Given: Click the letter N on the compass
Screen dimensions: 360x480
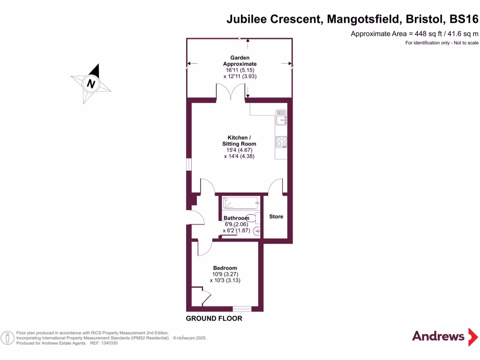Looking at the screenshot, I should [91, 84].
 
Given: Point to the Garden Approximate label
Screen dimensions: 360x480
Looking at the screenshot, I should [240, 61].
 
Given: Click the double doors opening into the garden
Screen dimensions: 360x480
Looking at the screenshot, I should [231, 92].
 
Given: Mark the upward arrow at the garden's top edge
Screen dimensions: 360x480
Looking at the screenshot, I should [248, 43].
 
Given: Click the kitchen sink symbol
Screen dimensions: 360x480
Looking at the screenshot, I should [281, 117].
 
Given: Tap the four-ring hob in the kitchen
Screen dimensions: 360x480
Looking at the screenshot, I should [281, 142].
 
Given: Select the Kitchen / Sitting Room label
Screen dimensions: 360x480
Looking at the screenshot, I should [240, 141].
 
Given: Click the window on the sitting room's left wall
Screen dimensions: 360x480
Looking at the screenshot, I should [188, 165].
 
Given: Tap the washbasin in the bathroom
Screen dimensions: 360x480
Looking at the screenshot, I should [256, 231].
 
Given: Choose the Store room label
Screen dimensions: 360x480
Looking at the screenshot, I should [276, 217].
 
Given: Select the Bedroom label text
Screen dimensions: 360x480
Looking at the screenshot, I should [225, 268].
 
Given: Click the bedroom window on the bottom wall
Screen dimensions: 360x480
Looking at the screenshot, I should [242, 308].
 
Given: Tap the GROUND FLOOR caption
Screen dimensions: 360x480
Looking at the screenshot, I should [214, 319].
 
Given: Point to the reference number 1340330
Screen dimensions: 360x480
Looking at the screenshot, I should [109, 343].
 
